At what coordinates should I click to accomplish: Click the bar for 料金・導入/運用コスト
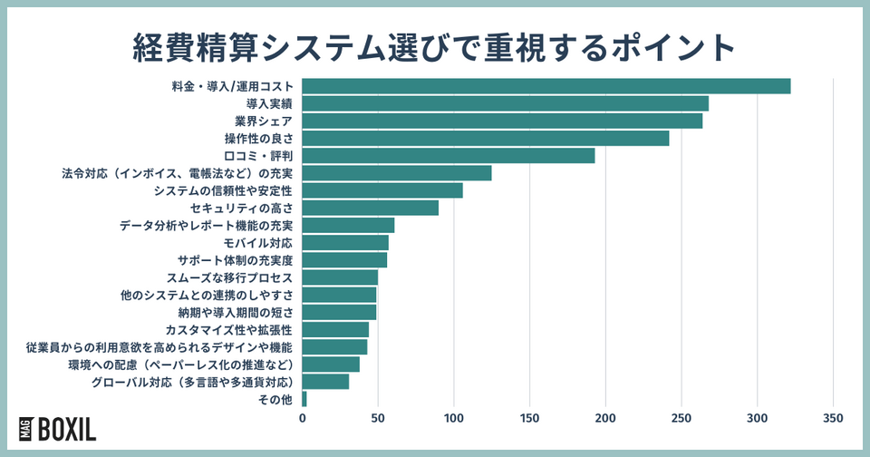546,86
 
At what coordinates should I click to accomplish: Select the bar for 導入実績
505,103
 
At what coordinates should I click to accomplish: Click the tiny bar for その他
304,399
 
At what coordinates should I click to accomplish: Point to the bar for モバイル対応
345,243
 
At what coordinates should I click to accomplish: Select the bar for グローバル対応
325,382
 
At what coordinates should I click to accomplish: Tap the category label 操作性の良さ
258,139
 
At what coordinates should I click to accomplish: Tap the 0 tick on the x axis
303,418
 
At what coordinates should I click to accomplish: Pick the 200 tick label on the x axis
605,418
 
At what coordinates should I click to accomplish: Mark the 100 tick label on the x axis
454,418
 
